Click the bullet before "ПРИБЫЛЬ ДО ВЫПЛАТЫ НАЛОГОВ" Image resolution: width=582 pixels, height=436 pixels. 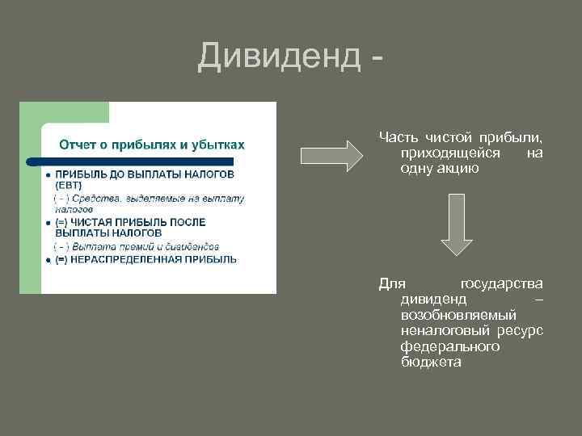(x=48, y=174)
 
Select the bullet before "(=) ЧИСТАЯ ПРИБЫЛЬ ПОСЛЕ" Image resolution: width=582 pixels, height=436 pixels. (x=48, y=222)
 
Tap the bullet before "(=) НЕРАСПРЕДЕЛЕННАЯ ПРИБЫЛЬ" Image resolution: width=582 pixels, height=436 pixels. (x=48, y=260)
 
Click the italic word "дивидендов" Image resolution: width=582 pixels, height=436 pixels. (x=192, y=245)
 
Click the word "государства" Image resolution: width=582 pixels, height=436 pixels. (x=501, y=284)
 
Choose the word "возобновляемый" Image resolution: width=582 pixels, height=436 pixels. (x=458, y=315)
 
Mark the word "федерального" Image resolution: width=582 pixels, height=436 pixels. (x=449, y=346)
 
